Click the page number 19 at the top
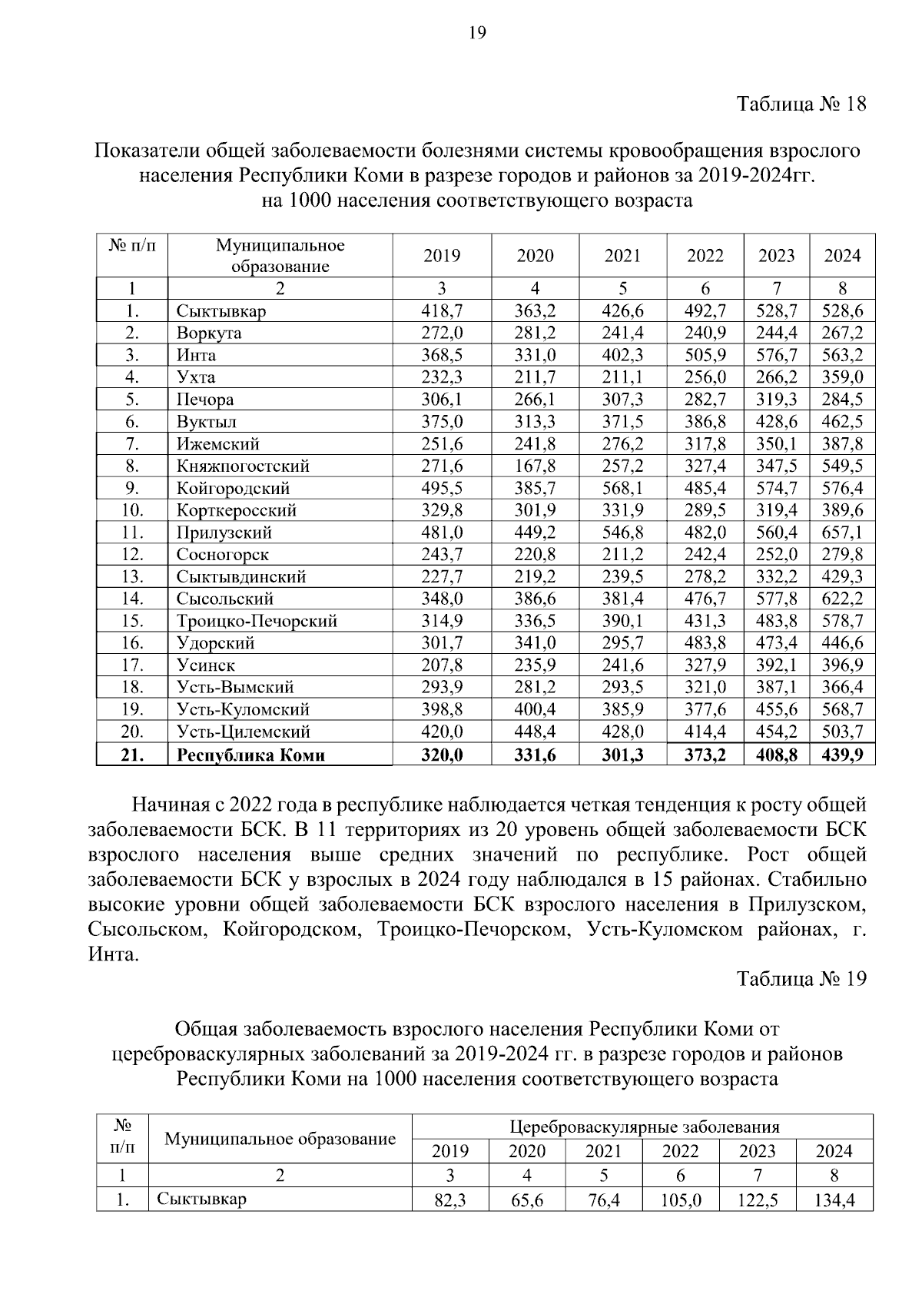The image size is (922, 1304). click(476, 32)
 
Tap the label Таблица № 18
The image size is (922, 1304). click(801, 105)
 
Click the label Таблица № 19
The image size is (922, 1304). click(801, 979)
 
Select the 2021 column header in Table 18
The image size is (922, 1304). click(622, 256)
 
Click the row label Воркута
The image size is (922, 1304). click(208, 333)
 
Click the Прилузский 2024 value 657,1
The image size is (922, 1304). click(843, 533)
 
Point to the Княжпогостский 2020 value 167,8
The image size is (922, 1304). click(535, 466)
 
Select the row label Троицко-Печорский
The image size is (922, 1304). click(257, 621)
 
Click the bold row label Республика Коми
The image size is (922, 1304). click(250, 755)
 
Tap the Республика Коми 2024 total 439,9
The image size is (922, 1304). click(843, 755)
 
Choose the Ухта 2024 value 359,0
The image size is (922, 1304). click(843, 377)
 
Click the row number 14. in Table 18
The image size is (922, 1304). click(132, 599)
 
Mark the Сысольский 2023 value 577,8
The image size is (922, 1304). click(777, 599)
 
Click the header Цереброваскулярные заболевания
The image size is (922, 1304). click(644, 1127)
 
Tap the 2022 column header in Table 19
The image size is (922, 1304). click(681, 1151)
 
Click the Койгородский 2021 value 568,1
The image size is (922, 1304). click(622, 489)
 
